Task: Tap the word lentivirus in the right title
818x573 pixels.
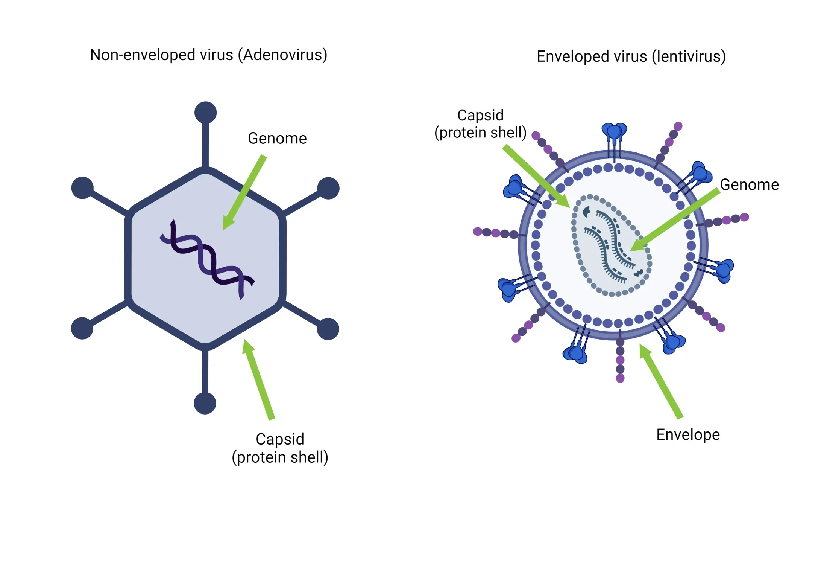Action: pos(688,57)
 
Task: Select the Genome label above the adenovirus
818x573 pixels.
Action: pos(277,139)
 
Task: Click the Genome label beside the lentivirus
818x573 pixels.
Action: pos(749,185)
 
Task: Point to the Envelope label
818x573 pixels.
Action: pos(688,435)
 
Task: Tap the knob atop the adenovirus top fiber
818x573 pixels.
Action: pos(205,112)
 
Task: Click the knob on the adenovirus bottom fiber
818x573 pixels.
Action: pos(205,404)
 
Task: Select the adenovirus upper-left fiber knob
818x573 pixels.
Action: pos(82,187)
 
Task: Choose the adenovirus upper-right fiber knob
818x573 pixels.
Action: pos(328,188)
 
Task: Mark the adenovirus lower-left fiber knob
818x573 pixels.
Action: pos(82,328)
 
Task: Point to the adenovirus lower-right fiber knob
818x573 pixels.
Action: pos(328,329)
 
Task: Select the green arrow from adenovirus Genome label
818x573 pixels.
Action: pos(245,192)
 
